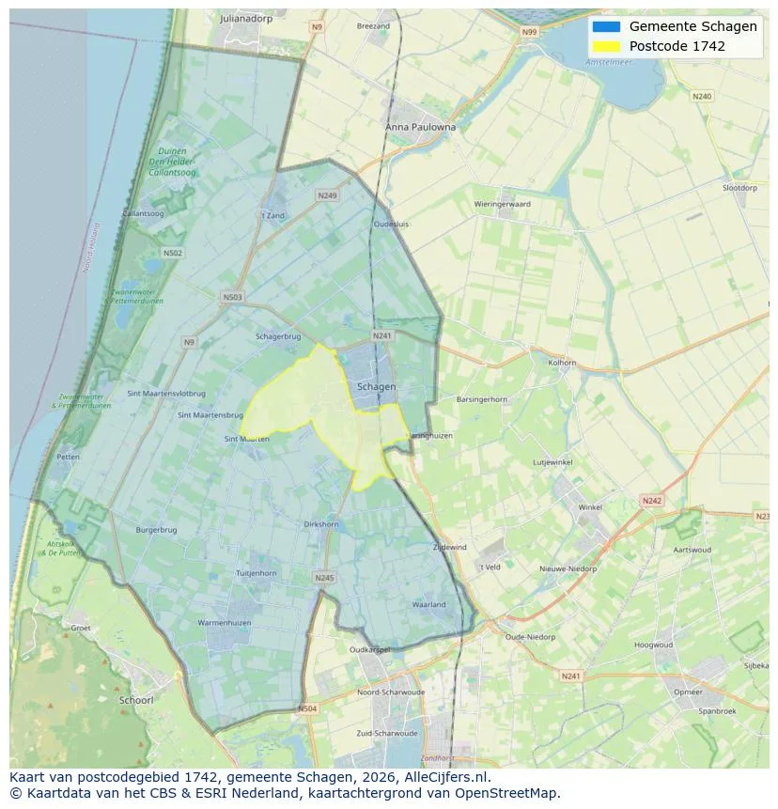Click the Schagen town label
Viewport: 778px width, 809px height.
(x=376, y=387)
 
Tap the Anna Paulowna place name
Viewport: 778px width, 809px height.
(x=420, y=127)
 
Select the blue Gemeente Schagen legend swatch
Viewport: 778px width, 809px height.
(x=606, y=26)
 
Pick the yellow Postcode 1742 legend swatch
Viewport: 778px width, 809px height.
(x=606, y=46)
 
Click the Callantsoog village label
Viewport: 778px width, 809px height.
(x=144, y=214)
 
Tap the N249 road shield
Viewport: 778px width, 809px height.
(x=327, y=195)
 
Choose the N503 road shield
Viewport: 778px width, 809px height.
(x=232, y=298)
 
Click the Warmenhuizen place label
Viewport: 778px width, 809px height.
(x=224, y=623)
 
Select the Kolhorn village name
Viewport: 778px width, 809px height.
(x=562, y=362)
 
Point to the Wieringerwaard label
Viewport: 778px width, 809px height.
(x=502, y=204)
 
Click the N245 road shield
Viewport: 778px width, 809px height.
(x=324, y=578)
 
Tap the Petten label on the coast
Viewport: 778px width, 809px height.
(x=68, y=457)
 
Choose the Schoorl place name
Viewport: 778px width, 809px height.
(x=136, y=700)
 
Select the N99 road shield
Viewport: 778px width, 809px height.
(x=531, y=32)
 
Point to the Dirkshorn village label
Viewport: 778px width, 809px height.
(x=321, y=524)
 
